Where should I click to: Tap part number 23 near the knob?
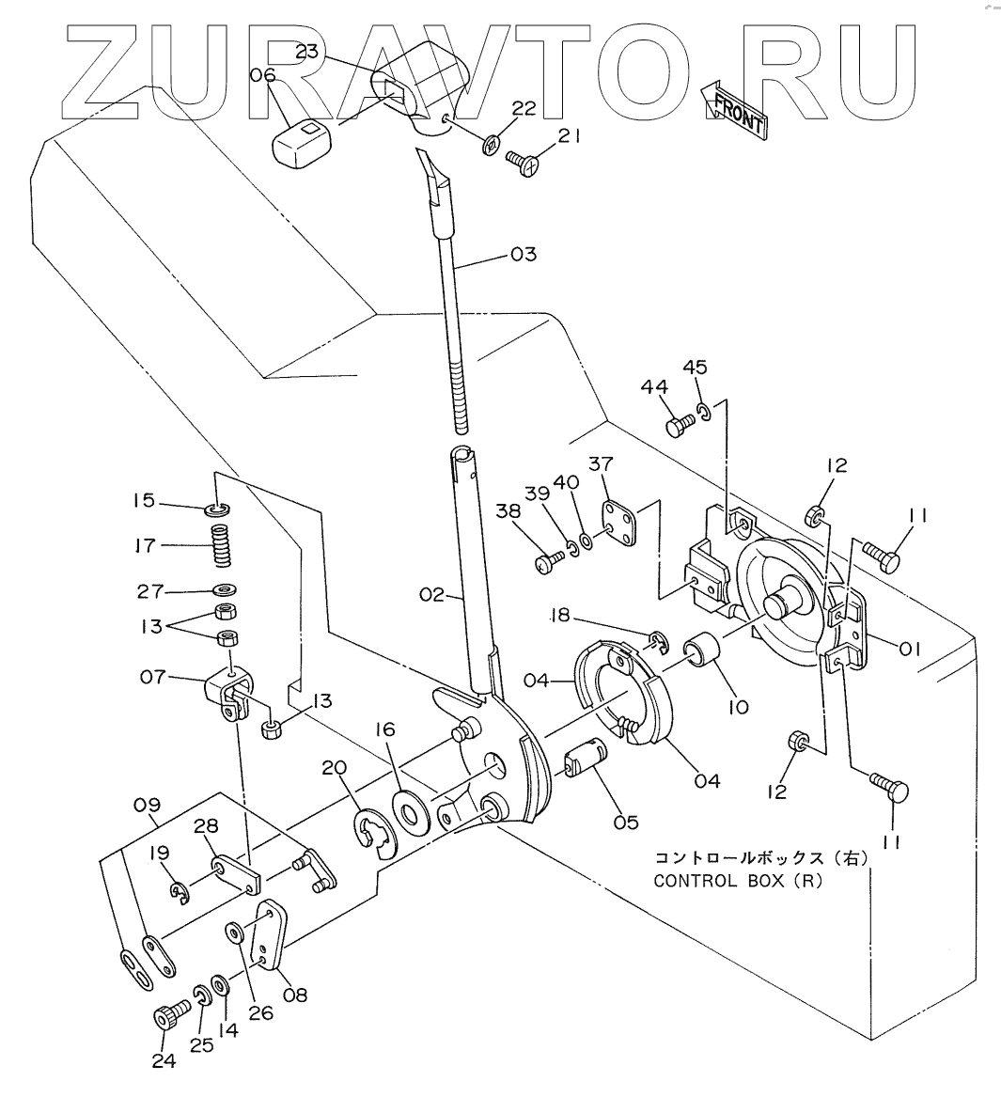point(307,53)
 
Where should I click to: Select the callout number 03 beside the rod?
point(523,255)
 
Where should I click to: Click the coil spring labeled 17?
point(220,546)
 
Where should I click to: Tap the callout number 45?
point(696,367)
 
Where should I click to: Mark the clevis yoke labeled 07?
point(230,693)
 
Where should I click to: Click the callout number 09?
point(148,805)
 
